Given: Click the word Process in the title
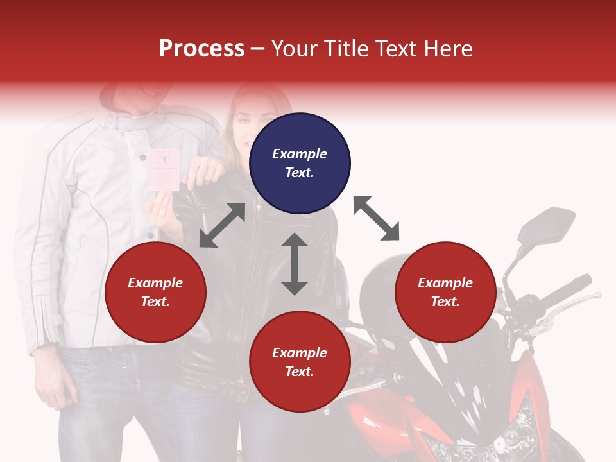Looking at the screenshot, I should [x=201, y=49].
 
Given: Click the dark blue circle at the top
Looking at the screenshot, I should [x=300, y=164].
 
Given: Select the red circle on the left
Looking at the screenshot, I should [x=155, y=293].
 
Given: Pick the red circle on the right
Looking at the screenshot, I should [x=445, y=293].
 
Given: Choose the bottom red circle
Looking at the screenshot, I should [x=300, y=362].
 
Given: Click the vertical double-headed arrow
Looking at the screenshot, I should [x=295, y=264].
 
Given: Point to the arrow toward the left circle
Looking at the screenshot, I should [x=222, y=225].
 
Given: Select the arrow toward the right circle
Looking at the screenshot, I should [x=377, y=218].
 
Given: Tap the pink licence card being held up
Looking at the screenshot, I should [x=164, y=168].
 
